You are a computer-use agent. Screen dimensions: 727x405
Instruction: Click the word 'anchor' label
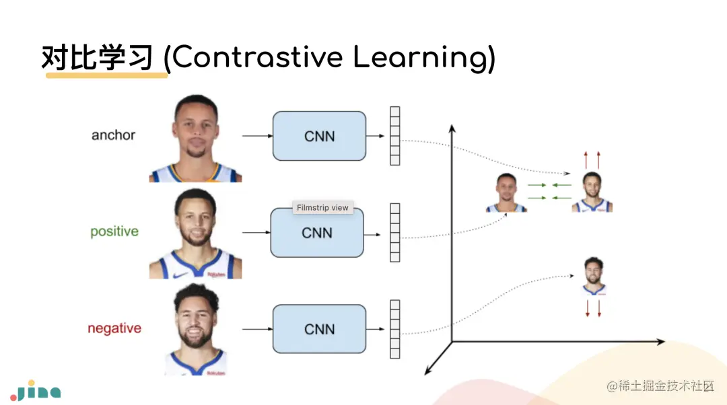tap(113, 135)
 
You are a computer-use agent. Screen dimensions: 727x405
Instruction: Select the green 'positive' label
tap(114, 231)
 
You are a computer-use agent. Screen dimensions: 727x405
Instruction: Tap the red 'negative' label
tap(114, 329)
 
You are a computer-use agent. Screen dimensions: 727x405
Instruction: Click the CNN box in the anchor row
tap(319, 136)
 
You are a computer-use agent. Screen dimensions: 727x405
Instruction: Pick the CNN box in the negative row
tap(319, 329)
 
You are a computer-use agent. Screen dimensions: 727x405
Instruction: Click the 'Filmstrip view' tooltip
tap(322, 208)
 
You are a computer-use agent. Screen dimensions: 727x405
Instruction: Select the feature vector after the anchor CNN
tap(395, 136)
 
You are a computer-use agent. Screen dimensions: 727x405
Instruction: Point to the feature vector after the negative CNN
tap(395, 330)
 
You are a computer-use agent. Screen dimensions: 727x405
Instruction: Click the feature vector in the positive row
tap(395, 233)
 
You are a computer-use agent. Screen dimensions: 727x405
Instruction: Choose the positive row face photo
tap(195, 234)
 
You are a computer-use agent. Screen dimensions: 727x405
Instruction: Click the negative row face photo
tap(195, 330)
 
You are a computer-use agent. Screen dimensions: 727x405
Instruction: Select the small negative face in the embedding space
tap(593, 276)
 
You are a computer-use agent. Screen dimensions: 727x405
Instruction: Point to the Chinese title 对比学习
tap(98, 58)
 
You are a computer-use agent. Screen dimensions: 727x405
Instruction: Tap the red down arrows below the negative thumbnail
tap(592, 309)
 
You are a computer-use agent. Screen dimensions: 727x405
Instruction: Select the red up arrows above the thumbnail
tap(592, 160)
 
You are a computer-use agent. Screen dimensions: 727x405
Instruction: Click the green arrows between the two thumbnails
tap(549, 191)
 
